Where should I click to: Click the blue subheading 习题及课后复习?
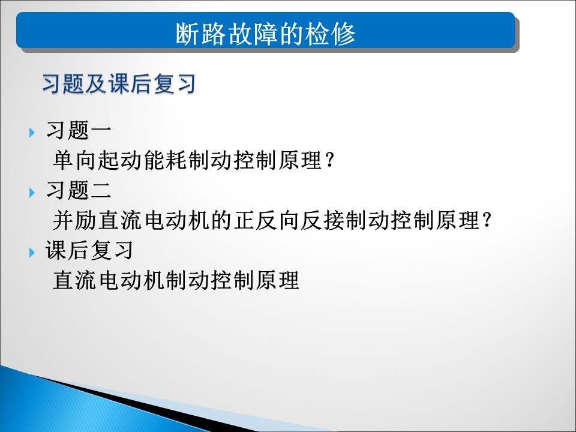point(119,83)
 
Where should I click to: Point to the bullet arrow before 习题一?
point(32,132)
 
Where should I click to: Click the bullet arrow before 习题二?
point(32,193)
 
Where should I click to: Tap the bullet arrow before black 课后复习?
point(32,253)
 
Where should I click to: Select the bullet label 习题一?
point(79,130)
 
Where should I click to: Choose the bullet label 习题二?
point(79,190)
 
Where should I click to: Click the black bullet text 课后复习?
point(89,250)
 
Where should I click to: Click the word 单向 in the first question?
point(74,160)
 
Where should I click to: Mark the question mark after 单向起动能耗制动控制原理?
point(330,160)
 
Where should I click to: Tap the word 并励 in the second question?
point(74,220)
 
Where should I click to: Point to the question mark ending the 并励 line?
point(487,220)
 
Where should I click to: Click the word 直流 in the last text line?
point(74,280)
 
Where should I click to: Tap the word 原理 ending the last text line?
point(278,280)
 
